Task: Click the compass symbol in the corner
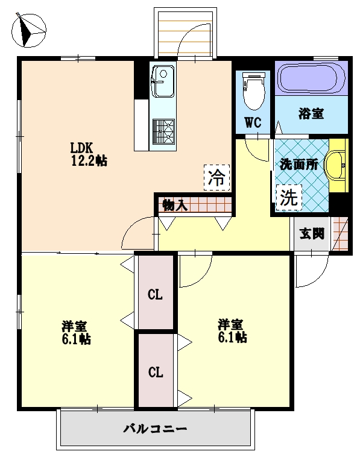(x=28, y=29)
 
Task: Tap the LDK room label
(x=81, y=148)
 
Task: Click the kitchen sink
(x=162, y=81)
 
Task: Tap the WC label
(x=253, y=122)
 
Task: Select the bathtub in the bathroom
(x=311, y=78)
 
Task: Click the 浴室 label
(x=311, y=113)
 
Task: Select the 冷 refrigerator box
(x=216, y=178)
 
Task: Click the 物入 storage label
(x=174, y=205)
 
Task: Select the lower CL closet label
(x=156, y=372)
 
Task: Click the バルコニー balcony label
(x=155, y=429)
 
